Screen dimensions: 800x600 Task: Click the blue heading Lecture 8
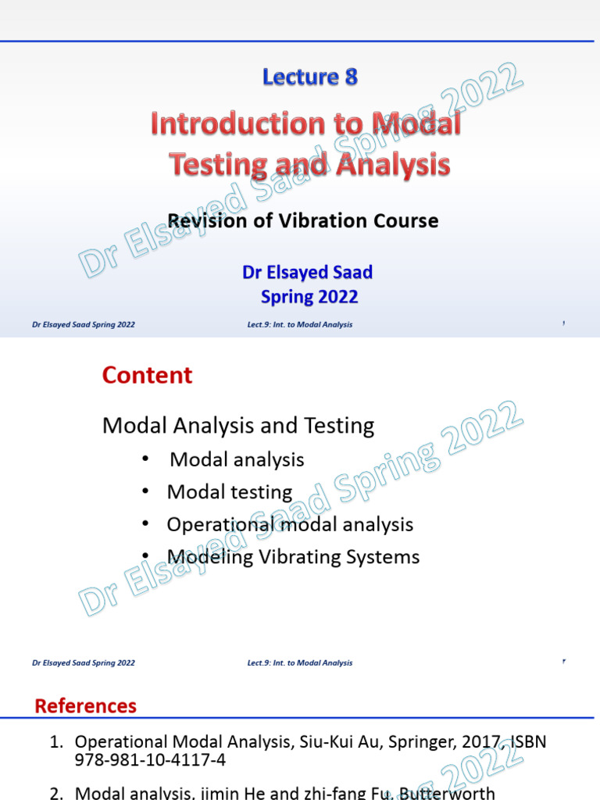(x=310, y=77)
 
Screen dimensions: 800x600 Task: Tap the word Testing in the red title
(x=209, y=165)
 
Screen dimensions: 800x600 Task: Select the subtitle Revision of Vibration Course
(x=303, y=221)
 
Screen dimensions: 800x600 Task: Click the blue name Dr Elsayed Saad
(x=307, y=273)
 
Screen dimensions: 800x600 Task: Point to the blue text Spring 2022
(x=309, y=297)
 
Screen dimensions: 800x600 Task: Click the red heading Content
(x=147, y=376)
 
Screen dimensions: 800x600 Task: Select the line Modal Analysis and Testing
(x=238, y=426)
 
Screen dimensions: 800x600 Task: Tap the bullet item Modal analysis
(x=237, y=460)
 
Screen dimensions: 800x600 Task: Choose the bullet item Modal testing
(x=230, y=492)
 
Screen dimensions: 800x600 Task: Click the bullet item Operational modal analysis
(x=290, y=524)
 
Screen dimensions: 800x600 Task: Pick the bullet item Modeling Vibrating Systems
(x=293, y=557)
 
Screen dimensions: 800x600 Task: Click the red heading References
(x=85, y=706)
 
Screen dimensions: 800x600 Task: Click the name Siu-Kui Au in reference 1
(x=333, y=742)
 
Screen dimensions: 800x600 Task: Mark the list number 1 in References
(x=55, y=742)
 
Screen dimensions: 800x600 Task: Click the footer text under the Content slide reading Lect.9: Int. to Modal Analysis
(x=299, y=663)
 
